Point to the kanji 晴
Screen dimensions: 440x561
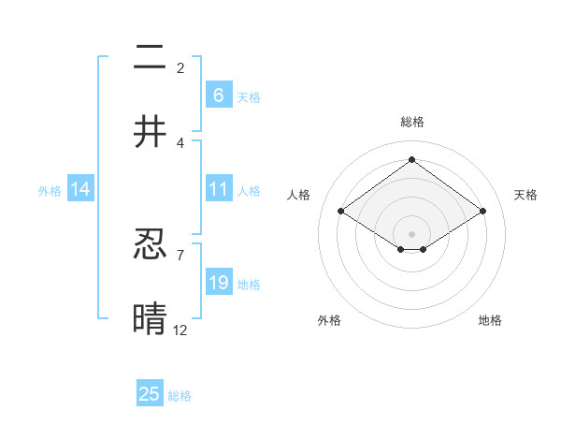pyautogui.click(x=150, y=318)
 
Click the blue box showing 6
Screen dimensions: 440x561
pyautogui.click(x=218, y=95)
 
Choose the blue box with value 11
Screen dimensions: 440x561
pyautogui.click(x=218, y=189)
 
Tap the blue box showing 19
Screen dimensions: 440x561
pyautogui.click(x=218, y=283)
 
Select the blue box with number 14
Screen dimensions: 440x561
pyautogui.click(x=80, y=189)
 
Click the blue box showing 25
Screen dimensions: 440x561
pyautogui.click(x=150, y=394)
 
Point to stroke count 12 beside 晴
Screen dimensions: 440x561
pyautogui.click(x=180, y=330)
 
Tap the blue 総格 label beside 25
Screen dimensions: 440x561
pyautogui.click(x=180, y=396)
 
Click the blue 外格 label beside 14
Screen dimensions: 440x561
pyautogui.click(x=50, y=191)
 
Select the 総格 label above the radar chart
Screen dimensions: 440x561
pyautogui.click(x=411, y=122)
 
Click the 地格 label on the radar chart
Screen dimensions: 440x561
pyautogui.click(x=490, y=320)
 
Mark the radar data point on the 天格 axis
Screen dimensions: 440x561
pyautogui.click(x=482, y=212)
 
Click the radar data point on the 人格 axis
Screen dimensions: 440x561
pyautogui.click(x=341, y=212)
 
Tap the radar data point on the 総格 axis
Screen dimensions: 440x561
pyautogui.click(x=411, y=159)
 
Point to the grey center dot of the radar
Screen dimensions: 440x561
pyautogui.click(x=411, y=233)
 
